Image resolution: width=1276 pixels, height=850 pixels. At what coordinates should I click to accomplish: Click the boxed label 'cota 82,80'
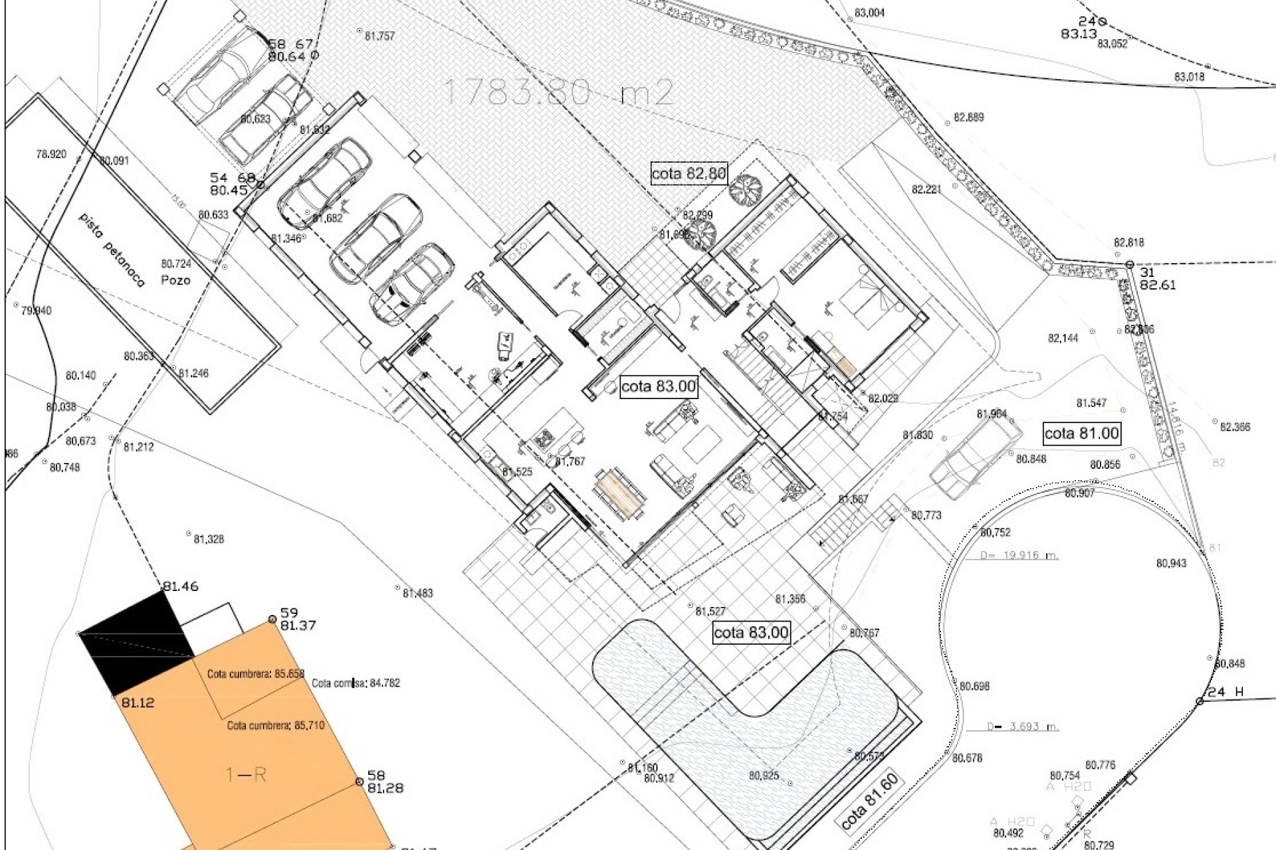pyautogui.click(x=689, y=174)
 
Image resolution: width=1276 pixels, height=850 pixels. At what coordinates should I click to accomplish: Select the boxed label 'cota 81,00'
pyautogui.click(x=1081, y=434)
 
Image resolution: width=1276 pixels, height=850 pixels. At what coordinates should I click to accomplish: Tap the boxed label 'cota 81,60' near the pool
pyautogui.click(x=869, y=802)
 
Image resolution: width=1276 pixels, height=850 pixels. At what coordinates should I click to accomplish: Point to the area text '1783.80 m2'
pyautogui.click(x=558, y=92)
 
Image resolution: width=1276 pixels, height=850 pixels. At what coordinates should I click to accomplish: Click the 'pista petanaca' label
pyautogui.click(x=111, y=249)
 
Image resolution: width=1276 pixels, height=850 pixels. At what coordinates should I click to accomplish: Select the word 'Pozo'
pyautogui.click(x=175, y=280)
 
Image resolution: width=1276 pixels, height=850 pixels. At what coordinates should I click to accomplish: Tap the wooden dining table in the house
pyautogui.click(x=619, y=493)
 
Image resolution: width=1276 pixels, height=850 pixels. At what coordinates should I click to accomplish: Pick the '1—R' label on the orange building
pyautogui.click(x=246, y=774)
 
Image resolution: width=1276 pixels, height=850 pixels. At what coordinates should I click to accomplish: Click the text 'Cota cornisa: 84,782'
pyautogui.click(x=356, y=683)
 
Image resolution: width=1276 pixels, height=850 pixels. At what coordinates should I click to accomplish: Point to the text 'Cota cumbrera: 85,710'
pyautogui.click(x=276, y=725)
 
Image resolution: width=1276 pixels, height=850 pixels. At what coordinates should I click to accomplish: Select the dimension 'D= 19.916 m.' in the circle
pyautogui.click(x=1019, y=555)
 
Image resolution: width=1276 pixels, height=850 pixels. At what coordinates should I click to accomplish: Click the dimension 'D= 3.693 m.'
pyautogui.click(x=1022, y=726)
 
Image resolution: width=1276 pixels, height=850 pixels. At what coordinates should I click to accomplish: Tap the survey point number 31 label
pyautogui.click(x=1148, y=272)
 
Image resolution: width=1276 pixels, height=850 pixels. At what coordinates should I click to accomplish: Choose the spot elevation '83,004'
pyautogui.click(x=869, y=13)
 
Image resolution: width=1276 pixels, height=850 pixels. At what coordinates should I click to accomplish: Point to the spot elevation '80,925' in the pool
pyautogui.click(x=763, y=775)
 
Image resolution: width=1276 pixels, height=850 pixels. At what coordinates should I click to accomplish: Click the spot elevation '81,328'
pyautogui.click(x=209, y=539)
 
